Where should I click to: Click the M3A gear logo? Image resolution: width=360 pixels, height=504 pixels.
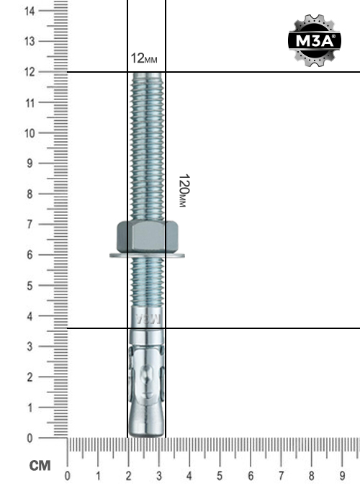[315, 40]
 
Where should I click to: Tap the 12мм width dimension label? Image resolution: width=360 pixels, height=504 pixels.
[144, 58]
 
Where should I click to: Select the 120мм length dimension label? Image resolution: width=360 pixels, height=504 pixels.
[184, 191]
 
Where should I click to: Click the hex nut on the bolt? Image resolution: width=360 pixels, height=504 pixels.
[147, 236]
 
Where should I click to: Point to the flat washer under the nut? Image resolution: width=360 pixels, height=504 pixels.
[147, 256]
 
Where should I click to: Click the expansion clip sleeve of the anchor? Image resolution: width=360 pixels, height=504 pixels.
[147, 374]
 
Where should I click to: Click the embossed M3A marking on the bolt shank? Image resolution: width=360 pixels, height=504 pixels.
[148, 318]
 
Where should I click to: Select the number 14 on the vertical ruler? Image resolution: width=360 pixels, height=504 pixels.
[30, 12]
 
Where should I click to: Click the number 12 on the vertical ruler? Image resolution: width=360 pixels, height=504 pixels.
[30, 72]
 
